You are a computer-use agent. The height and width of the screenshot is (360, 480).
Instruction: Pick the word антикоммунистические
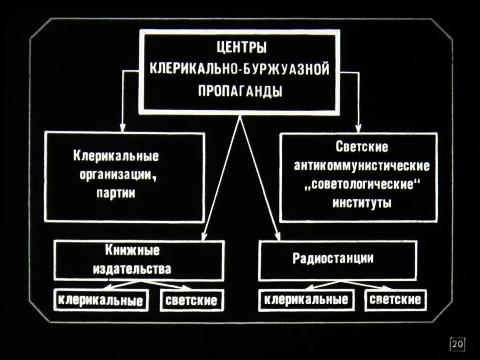pos(361,165)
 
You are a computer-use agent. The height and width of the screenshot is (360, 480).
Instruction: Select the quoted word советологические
pos(361,184)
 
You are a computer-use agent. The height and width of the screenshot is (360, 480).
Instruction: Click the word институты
pos(361,202)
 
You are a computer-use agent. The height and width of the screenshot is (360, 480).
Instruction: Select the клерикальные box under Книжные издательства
pos(101,300)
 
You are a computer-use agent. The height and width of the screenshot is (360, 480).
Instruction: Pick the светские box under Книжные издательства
pos(191,300)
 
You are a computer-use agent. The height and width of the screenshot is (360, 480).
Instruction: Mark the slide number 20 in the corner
pos(457,345)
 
